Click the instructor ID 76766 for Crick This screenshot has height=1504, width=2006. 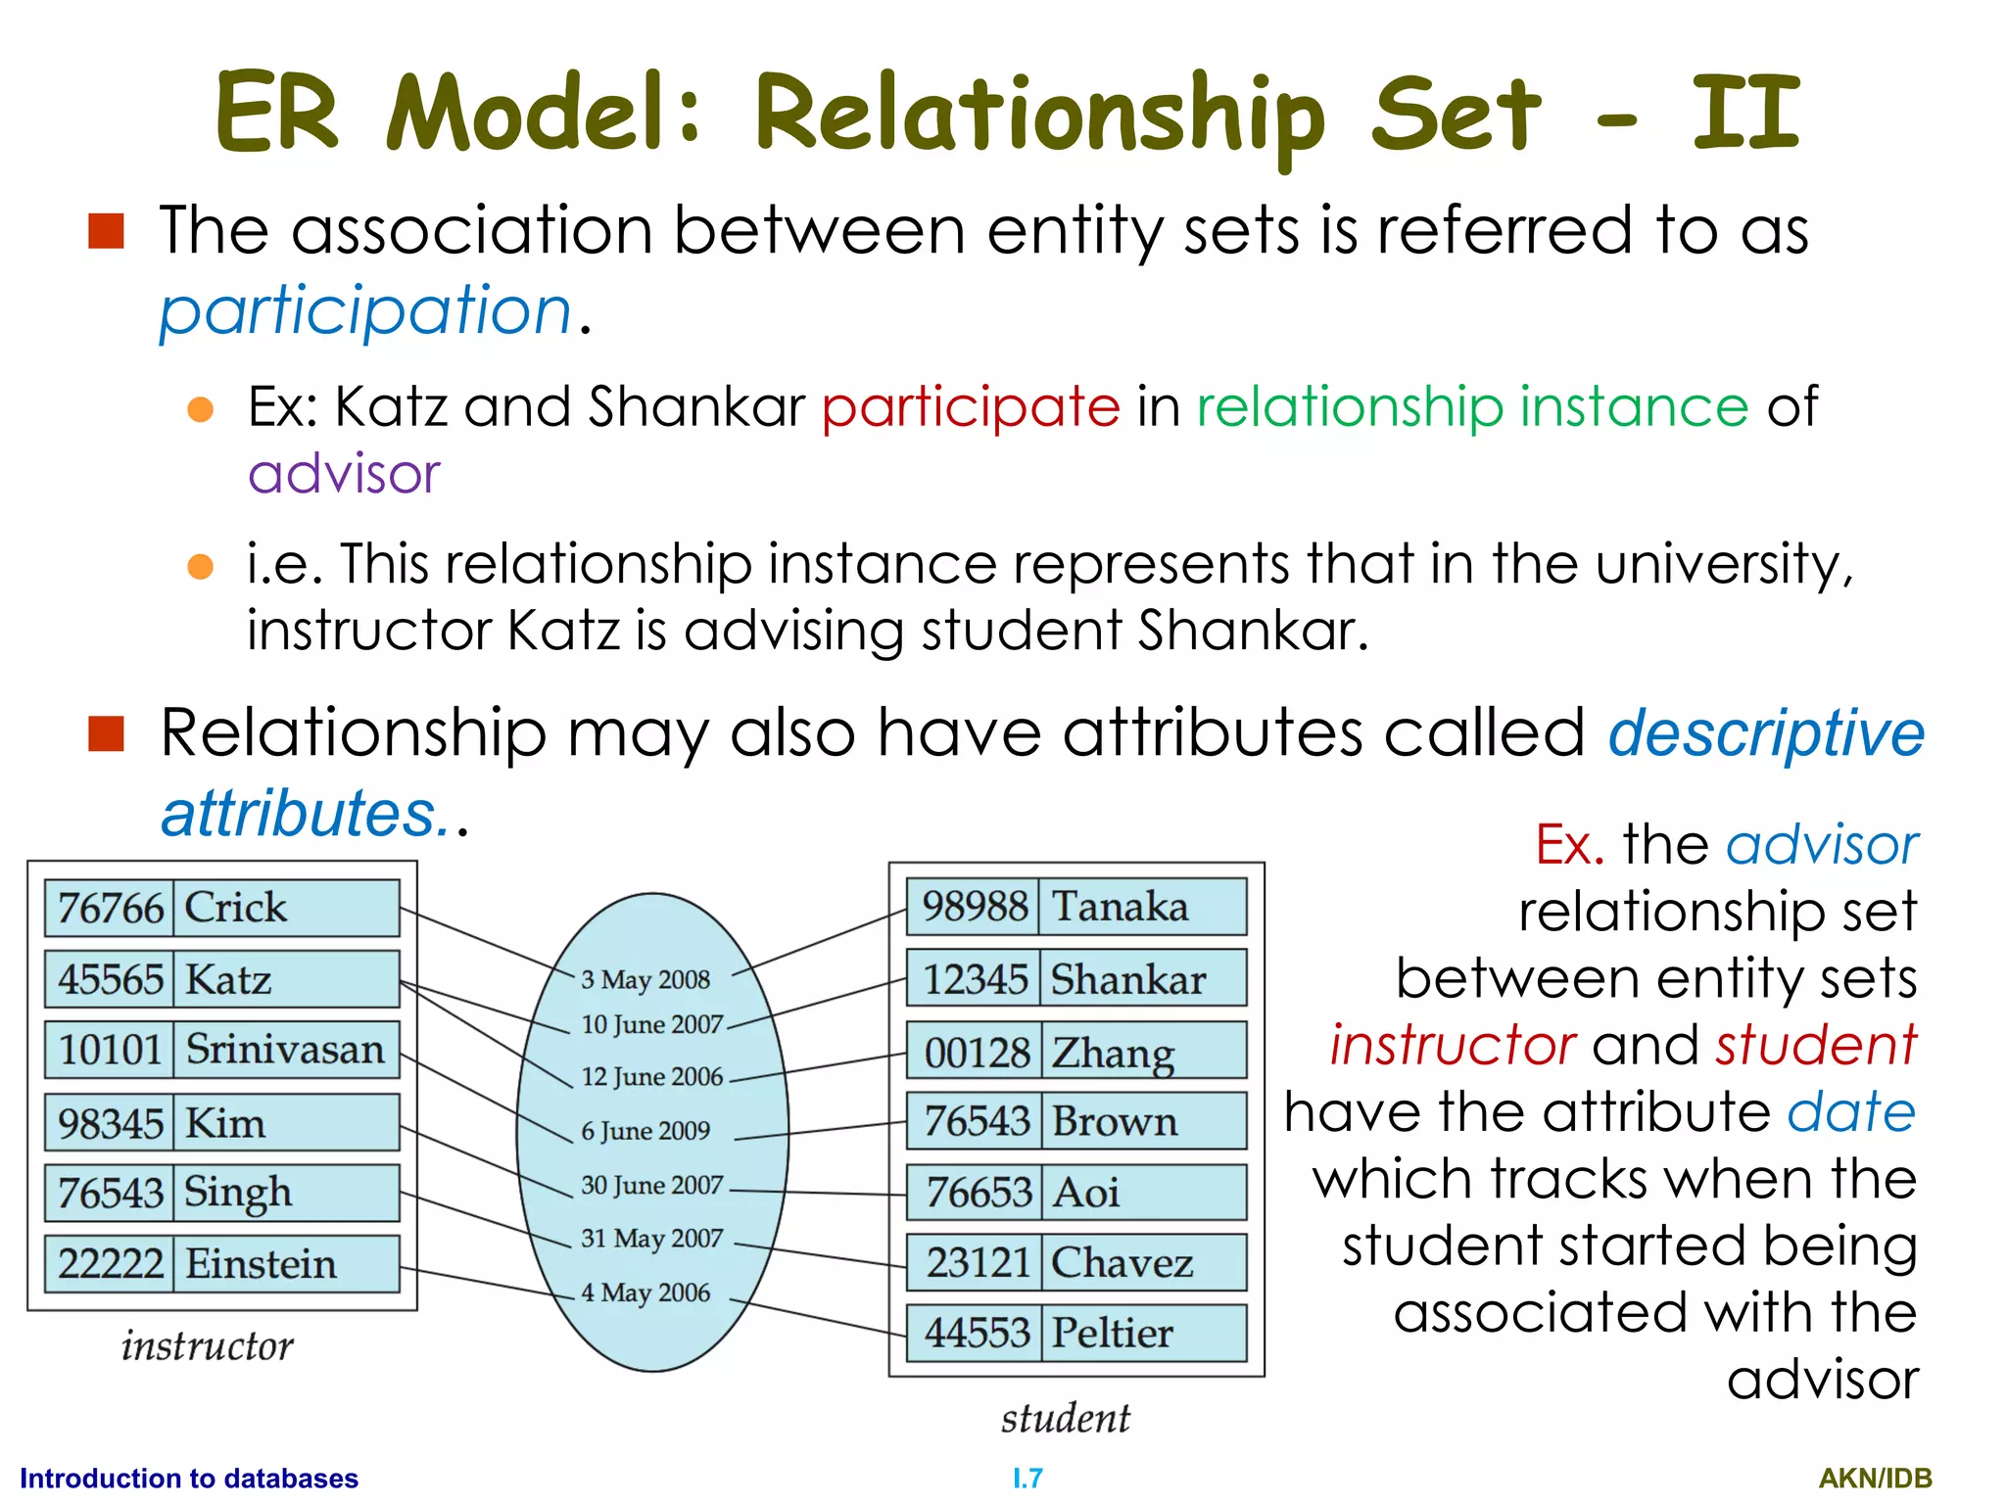tap(110, 908)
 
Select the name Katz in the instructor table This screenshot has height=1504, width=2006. tap(228, 979)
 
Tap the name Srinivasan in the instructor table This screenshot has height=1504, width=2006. tap(285, 1050)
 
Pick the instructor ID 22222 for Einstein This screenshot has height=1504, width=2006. tap(110, 1264)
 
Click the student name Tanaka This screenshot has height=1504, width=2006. tap(1119, 907)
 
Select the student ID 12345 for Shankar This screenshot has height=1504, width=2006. tap(975, 979)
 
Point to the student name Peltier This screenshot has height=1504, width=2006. tap(1112, 1334)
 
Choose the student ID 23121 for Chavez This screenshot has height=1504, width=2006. tap(977, 1263)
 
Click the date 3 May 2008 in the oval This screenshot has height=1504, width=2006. tap(645, 979)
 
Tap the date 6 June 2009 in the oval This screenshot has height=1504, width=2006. tap(645, 1131)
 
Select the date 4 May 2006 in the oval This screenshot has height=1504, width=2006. tap(645, 1292)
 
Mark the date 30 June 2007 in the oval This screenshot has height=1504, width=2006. tap(651, 1186)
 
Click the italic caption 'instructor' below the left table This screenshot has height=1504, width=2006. tap(207, 1346)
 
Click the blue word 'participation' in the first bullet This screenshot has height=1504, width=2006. tap(365, 311)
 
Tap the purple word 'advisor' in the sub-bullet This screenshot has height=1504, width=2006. tap(344, 475)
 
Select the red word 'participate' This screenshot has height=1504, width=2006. tap(970, 407)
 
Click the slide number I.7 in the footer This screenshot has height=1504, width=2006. tap(1027, 1479)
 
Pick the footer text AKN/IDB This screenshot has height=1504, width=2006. tap(1875, 1479)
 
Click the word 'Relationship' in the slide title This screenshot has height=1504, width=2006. tap(1040, 116)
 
